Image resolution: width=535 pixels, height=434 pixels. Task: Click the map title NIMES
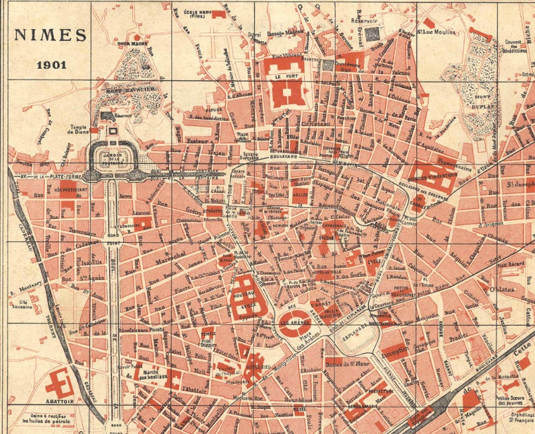tap(51, 35)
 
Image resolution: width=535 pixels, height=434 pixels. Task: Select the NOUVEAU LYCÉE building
tap(242, 296)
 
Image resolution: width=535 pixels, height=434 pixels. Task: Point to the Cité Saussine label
tap(20, 305)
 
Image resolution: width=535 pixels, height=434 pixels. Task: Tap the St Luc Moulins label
tap(437, 32)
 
